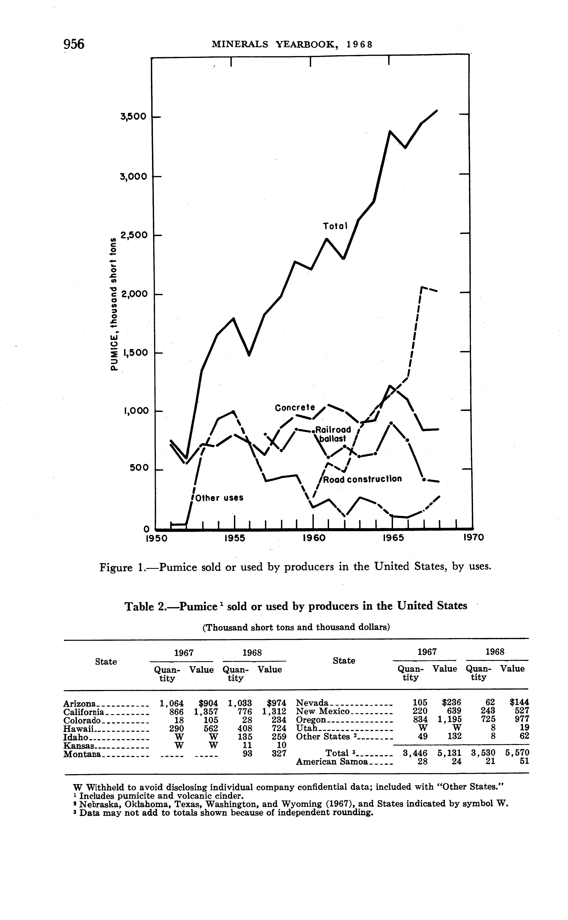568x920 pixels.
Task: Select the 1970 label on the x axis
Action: coord(473,538)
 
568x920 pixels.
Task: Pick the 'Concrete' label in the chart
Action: coord(295,408)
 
